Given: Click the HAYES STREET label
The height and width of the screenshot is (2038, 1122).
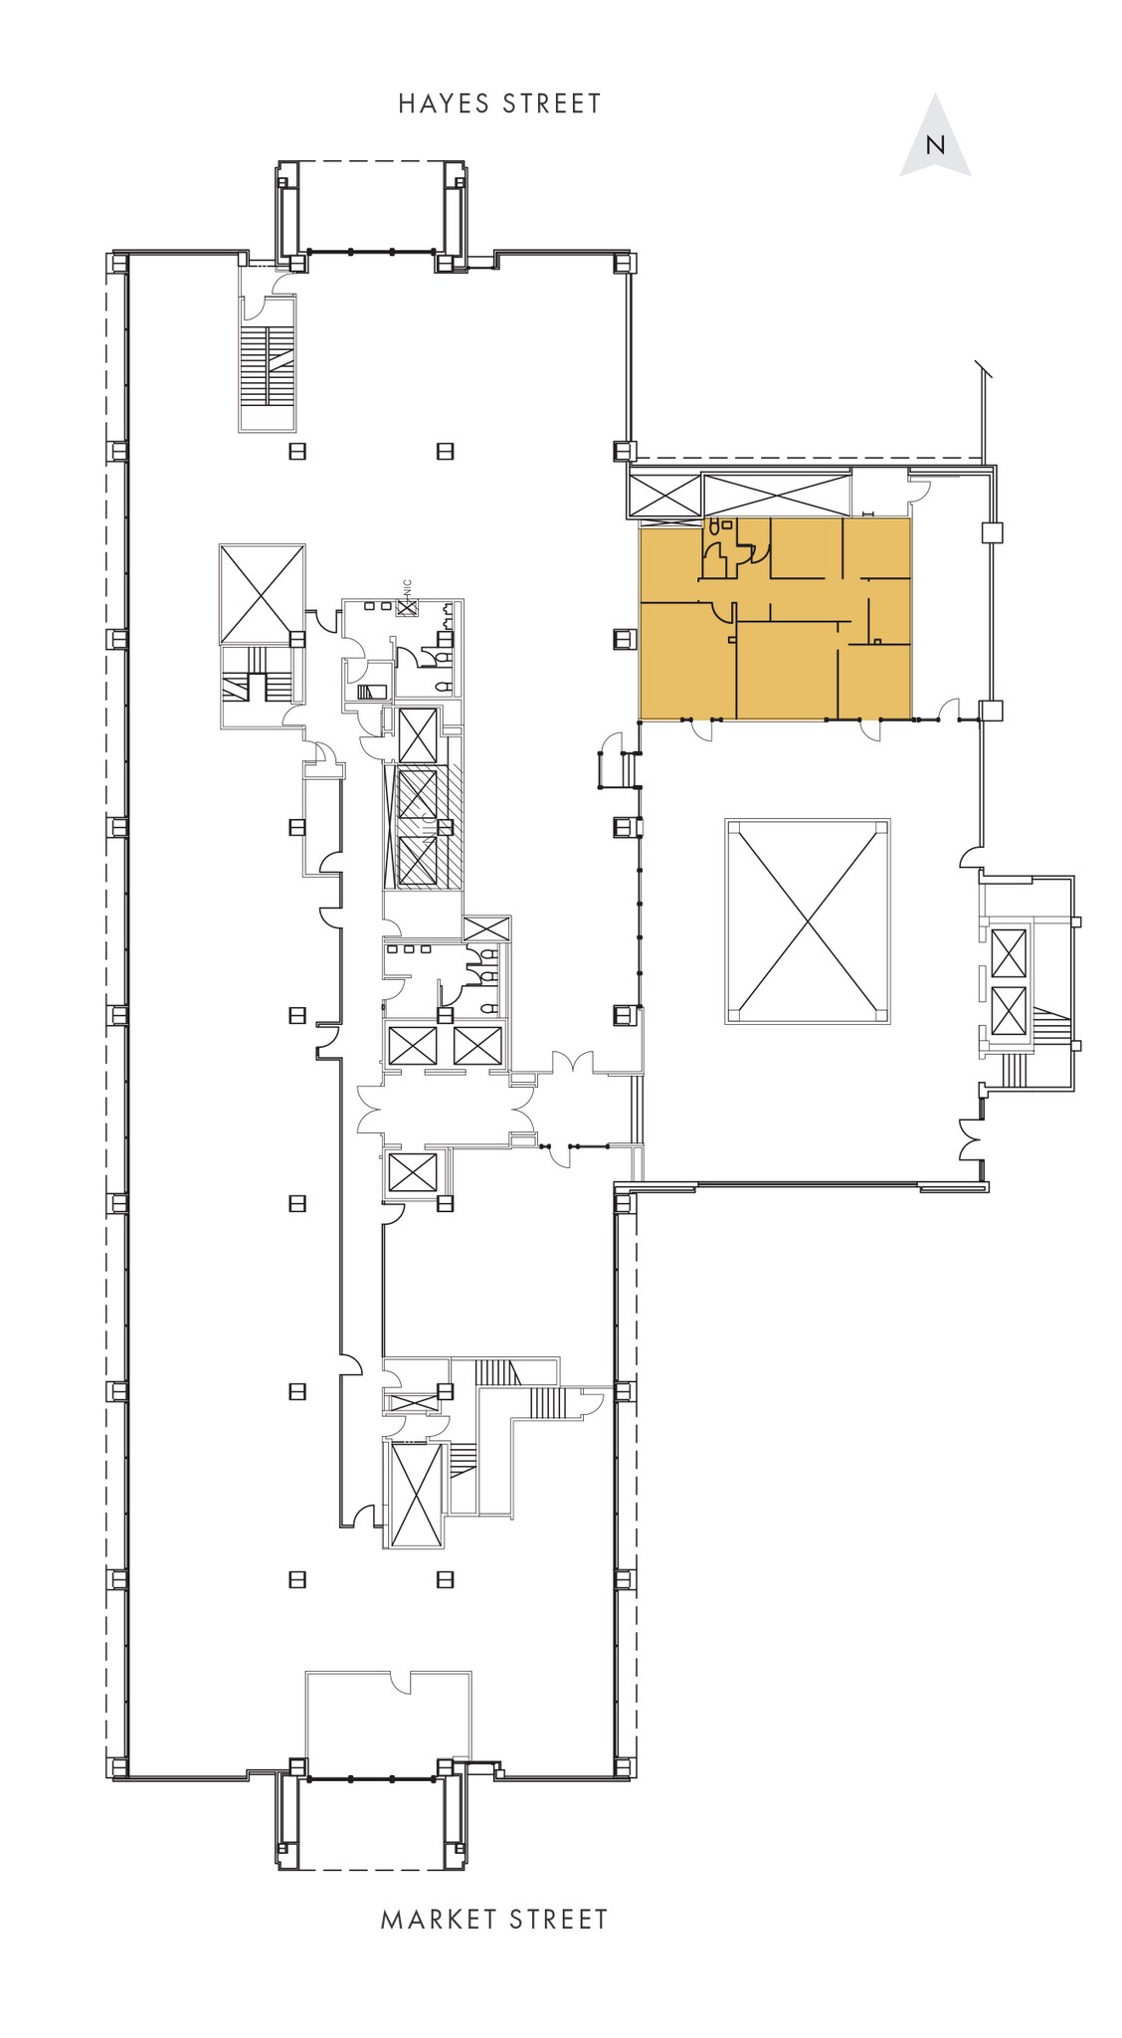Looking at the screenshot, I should click(499, 103).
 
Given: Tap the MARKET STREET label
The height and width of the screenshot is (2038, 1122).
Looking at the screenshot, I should click(494, 1920).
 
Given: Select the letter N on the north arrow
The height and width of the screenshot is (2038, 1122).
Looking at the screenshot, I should click(935, 145).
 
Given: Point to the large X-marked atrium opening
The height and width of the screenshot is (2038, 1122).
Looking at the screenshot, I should click(807, 921).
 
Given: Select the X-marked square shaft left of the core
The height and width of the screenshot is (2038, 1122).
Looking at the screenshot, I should click(262, 594).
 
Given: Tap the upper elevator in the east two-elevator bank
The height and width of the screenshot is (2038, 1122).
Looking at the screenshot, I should click(1008, 953).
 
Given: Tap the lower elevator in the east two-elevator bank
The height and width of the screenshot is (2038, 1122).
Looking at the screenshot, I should click(1008, 1012).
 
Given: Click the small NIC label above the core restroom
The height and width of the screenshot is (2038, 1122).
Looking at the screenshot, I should click(407, 588).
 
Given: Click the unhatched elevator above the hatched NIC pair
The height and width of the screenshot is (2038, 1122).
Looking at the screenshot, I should click(417, 735).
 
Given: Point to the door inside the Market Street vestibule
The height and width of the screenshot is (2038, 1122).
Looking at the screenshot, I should click(400, 1682).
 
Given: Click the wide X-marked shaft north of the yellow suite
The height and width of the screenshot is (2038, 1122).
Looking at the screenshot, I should click(776, 495).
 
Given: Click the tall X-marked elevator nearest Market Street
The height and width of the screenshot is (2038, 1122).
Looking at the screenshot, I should click(415, 1494).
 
